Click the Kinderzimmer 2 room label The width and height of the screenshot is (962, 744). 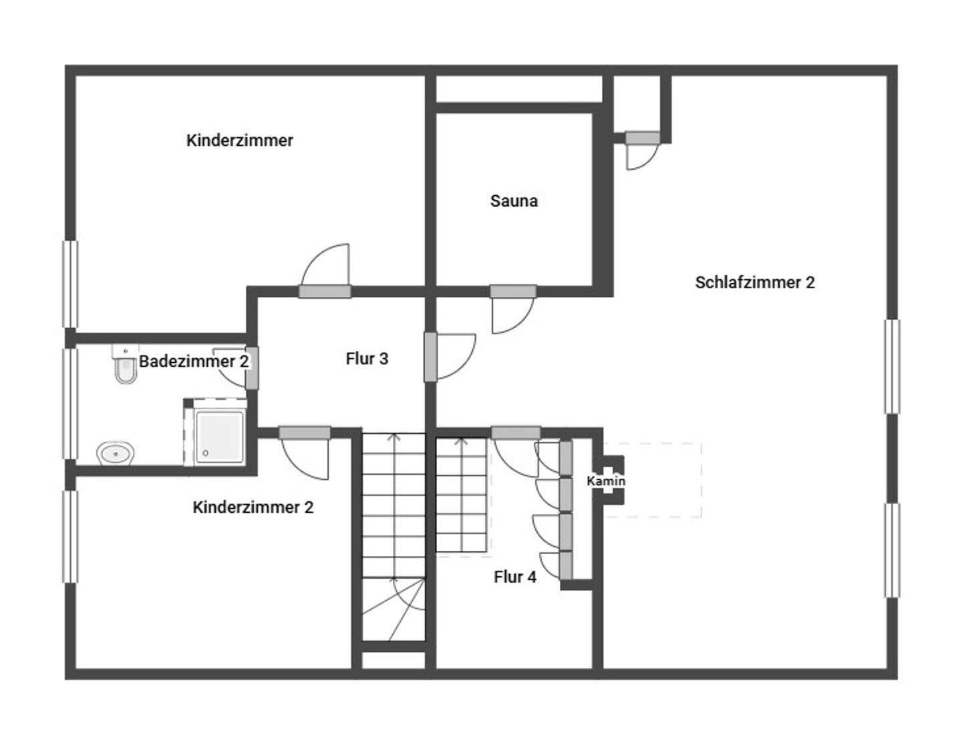pyautogui.click(x=253, y=507)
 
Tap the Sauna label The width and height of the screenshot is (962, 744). pyautogui.click(x=514, y=201)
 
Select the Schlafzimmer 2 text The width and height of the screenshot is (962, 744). pyautogui.click(x=755, y=283)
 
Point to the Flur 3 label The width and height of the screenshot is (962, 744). pyautogui.click(x=367, y=359)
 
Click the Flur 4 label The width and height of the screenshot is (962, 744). pyautogui.click(x=515, y=577)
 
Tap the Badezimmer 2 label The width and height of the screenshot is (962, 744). pyautogui.click(x=194, y=362)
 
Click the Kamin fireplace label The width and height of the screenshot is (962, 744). pyautogui.click(x=606, y=481)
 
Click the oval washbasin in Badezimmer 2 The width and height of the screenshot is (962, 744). pyautogui.click(x=116, y=454)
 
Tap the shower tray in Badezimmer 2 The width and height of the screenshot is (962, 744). pyautogui.click(x=218, y=435)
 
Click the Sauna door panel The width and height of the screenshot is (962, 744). pyautogui.click(x=513, y=291)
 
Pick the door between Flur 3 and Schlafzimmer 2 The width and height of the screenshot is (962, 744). pyautogui.click(x=431, y=357)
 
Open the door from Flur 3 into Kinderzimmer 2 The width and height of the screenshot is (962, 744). pyautogui.click(x=305, y=433)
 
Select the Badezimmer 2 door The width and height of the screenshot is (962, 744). pyautogui.click(x=252, y=368)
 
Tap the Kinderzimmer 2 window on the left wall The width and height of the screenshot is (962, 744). pyautogui.click(x=69, y=537)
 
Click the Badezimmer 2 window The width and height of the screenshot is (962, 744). pyautogui.click(x=69, y=403)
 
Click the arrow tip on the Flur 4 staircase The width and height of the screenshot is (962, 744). pyautogui.click(x=461, y=441)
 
